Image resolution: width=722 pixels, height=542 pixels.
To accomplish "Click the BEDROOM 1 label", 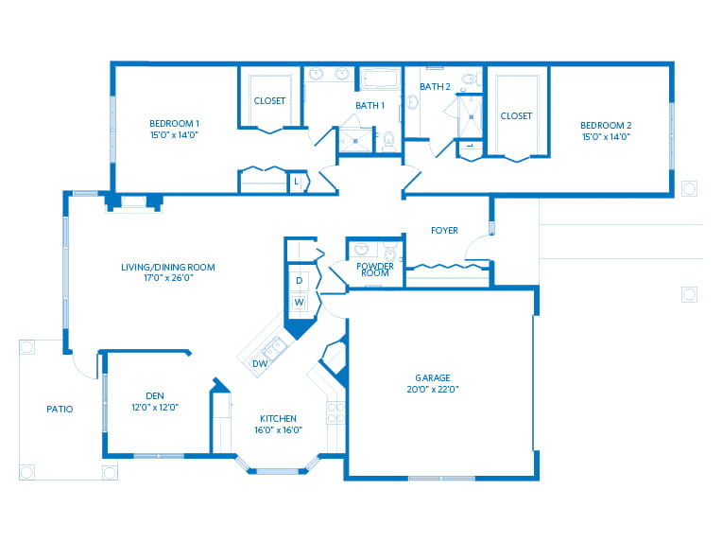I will [174, 123].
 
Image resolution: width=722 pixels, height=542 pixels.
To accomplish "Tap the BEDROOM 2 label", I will [605, 124].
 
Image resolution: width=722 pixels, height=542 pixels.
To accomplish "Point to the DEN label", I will [155, 395].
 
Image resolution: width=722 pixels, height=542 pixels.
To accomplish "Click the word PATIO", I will [60, 409].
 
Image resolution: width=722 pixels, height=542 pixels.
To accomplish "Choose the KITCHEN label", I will [279, 418].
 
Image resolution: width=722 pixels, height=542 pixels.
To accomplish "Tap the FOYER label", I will [444, 230].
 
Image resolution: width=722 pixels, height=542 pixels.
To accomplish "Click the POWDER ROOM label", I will [375, 270].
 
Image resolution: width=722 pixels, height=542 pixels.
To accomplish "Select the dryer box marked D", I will [299, 281].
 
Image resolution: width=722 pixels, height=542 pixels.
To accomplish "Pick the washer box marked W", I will [299, 303].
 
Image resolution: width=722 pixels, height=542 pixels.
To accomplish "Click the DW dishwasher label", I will [259, 363].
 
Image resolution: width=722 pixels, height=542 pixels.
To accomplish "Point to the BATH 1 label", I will [370, 105].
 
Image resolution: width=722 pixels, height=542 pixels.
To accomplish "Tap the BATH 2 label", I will [434, 86].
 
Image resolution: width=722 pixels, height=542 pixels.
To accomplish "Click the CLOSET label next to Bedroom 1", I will [269, 100].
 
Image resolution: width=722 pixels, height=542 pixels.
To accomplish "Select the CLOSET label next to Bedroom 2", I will [516, 115].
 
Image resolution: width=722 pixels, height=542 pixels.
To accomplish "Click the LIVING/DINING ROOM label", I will [168, 267].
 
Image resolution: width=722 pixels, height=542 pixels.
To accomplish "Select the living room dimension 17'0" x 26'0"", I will [168, 279].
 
